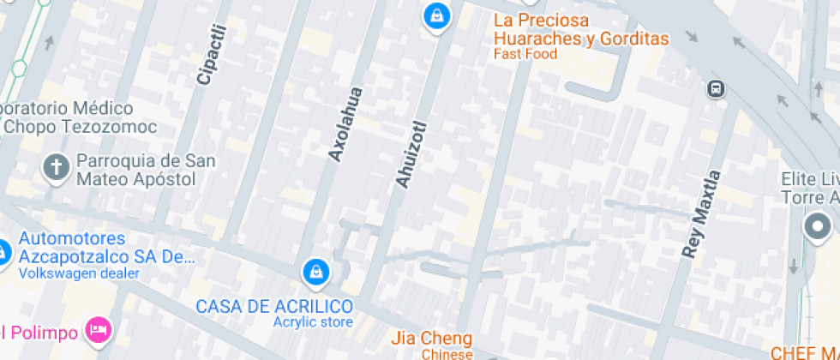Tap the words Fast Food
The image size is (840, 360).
click(x=525, y=55)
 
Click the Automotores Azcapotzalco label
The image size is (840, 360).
click(x=103, y=247)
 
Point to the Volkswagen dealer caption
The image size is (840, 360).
click(x=79, y=273)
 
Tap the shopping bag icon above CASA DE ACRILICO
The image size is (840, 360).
click(x=316, y=273)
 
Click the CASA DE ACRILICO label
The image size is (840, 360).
click(x=274, y=306)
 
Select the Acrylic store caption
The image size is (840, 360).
click(x=312, y=322)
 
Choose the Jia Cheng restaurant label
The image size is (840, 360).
click(x=431, y=338)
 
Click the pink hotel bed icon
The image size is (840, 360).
click(x=99, y=329)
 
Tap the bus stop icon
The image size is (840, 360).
click(x=714, y=88)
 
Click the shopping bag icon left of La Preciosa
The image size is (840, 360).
click(x=436, y=15)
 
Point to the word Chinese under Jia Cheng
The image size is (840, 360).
click(x=447, y=354)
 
